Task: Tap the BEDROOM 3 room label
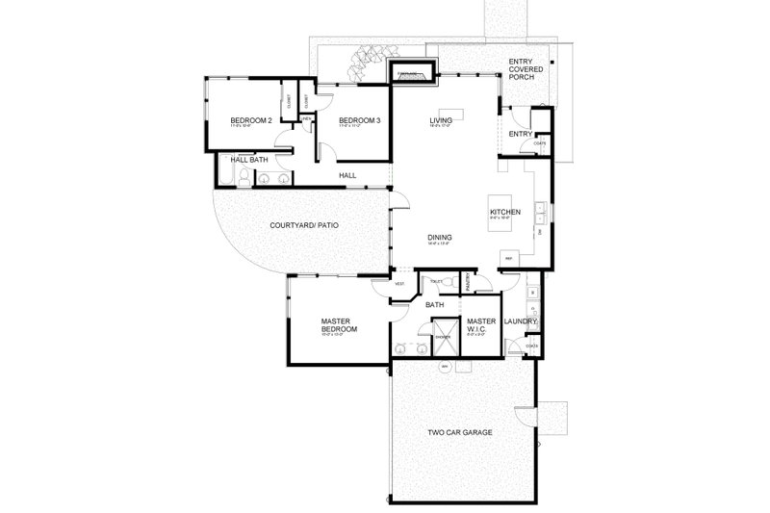354,120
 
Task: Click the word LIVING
442,120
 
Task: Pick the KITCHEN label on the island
505,212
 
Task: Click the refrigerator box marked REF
508,257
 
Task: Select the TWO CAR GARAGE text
460,433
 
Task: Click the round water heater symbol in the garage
445,368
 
